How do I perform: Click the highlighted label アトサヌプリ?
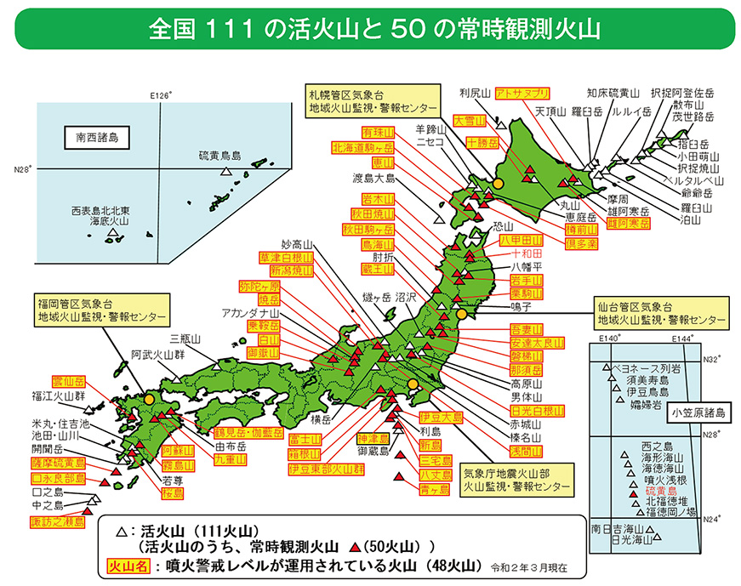pos(522,93)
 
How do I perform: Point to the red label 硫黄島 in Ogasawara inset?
pos(661,490)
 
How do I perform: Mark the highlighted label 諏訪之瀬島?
pos(58,521)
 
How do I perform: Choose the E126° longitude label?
pos(161,94)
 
